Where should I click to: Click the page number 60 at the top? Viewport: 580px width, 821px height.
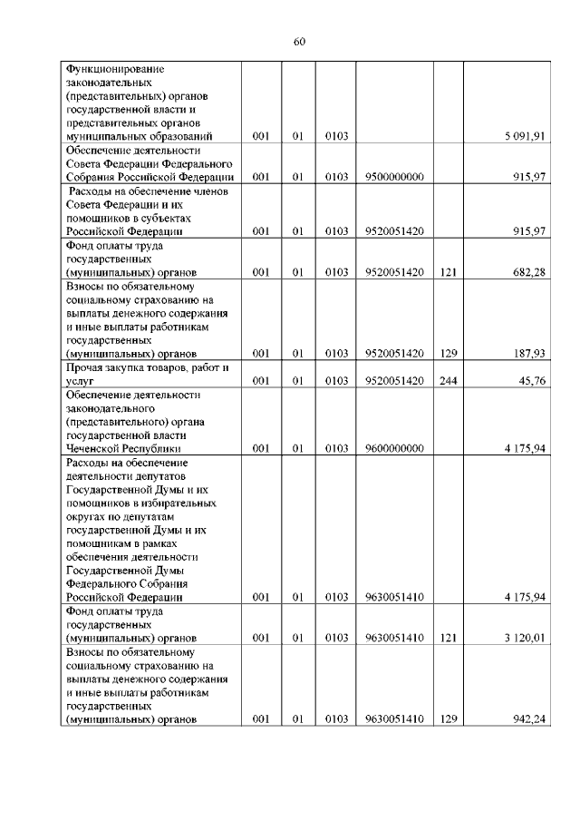coord(300,41)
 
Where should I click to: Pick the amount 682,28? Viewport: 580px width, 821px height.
coord(527,271)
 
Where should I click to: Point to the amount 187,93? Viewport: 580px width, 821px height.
coord(527,353)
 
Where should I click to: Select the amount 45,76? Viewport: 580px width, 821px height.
coord(531,381)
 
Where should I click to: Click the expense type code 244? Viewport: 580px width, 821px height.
coord(448,381)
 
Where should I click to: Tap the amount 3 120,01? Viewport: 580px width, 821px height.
coord(526,638)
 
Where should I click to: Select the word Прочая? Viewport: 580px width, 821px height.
coord(84,367)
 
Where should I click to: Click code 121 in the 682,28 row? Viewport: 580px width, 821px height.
coord(448,271)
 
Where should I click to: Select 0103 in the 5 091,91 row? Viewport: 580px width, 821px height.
coord(337,136)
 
